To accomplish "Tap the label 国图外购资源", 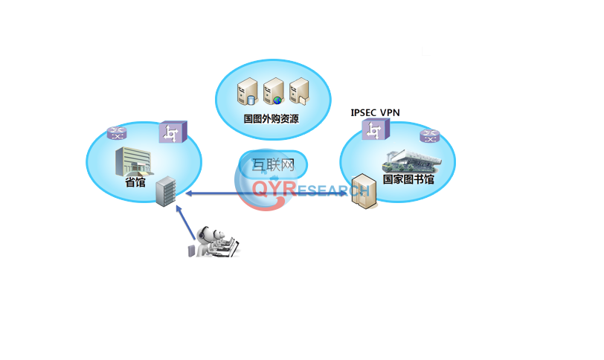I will (x=271, y=118).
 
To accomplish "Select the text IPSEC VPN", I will (x=375, y=112).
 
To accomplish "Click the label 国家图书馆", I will (x=408, y=179).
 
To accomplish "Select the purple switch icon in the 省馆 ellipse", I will (x=173, y=134).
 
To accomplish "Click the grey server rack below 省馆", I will (x=166, y=191).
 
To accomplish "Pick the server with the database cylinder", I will (x=247, y=94).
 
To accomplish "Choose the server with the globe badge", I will (x=273, y=92).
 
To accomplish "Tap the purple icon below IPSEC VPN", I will (x=373, y=131).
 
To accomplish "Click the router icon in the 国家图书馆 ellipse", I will (x=429, y=136).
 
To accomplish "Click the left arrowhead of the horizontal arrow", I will (x=187, y=193).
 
